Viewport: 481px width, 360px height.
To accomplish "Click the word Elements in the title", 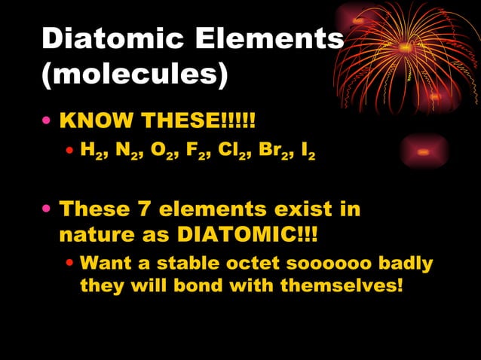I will tap(274, 41).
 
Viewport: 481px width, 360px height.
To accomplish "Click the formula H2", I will tap(91, 154).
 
